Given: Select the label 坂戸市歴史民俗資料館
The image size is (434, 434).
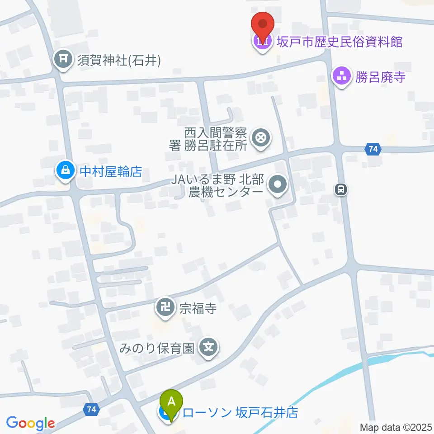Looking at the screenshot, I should coord(340,42).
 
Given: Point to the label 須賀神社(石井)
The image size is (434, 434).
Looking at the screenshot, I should coord(119,60).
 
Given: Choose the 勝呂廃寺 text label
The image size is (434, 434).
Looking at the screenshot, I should coord(380,76).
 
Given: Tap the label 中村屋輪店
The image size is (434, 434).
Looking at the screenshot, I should coord(111,171).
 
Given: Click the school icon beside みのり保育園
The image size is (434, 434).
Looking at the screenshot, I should coord(209,348).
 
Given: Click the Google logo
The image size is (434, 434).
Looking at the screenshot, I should coord(30,423).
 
